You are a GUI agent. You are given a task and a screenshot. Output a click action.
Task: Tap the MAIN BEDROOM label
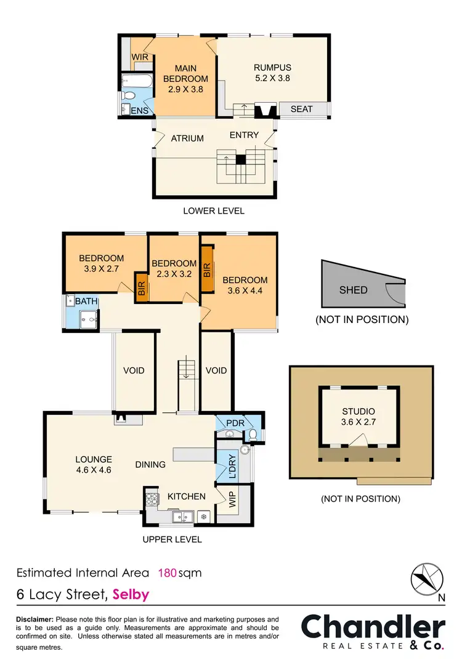tap(185, 79)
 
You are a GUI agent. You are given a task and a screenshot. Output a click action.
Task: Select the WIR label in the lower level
tap(141, 57)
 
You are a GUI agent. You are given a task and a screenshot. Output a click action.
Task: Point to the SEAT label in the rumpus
tap(301, 109)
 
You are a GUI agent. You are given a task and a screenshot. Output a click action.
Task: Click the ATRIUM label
tap(187, 138)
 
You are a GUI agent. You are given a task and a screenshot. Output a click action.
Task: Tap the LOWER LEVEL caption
tap(213, 210)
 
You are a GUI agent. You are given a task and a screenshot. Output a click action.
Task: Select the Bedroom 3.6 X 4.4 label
tap(245, 286)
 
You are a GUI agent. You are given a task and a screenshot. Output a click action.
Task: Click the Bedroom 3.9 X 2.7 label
tap(101, 263)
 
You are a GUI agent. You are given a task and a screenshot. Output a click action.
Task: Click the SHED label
tap(353, 290)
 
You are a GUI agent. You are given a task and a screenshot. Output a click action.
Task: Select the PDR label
tap(235, 423)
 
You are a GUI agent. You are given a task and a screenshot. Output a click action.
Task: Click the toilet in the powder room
tap(253, 435)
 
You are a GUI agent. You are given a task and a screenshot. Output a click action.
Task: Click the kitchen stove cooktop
tap(151, 496)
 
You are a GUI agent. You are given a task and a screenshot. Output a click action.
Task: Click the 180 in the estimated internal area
tap(168, 573)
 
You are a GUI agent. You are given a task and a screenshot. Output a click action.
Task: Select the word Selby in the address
tap(131, 594)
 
